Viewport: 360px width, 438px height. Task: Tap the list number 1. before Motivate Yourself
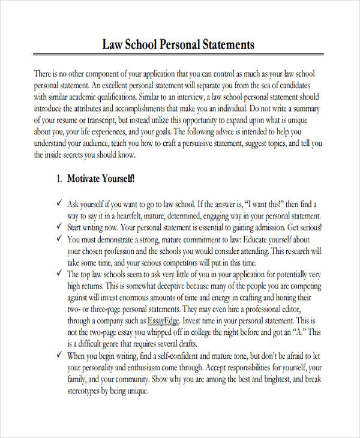point(59,179)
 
